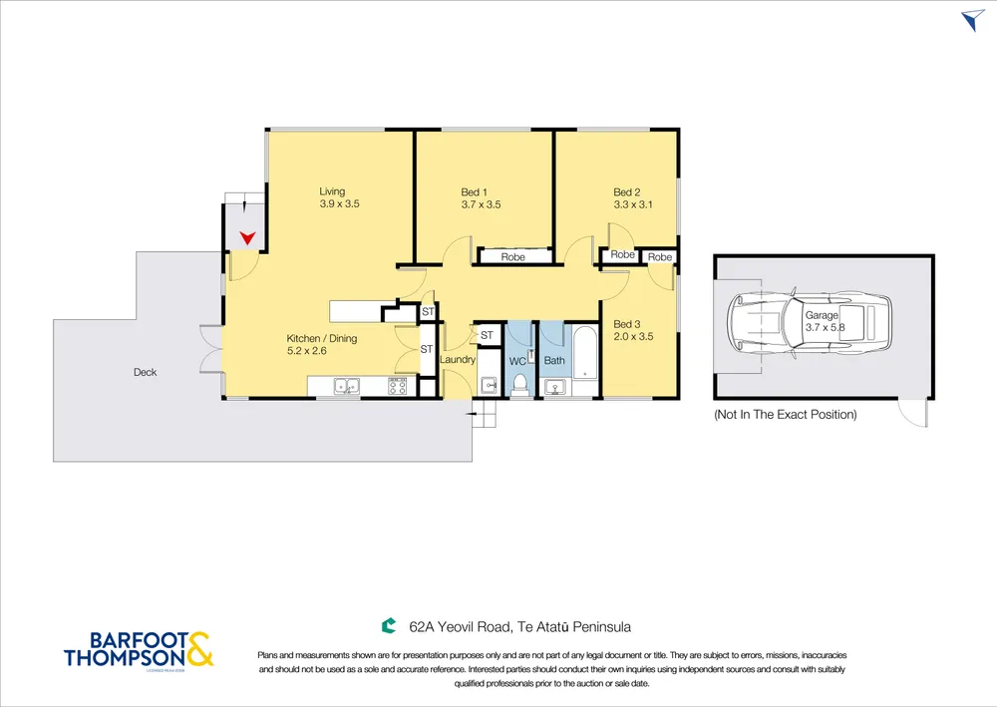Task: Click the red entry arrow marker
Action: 247,238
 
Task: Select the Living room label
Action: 332,191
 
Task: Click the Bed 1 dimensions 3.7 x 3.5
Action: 482,204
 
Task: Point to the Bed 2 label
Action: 627,192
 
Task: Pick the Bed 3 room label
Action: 627,324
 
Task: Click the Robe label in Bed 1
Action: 513,257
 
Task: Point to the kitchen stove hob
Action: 398,385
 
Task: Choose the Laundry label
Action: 458,359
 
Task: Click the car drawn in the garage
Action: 810,324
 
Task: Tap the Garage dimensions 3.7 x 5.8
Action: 826,327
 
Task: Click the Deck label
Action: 145,373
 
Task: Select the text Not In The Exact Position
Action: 786,415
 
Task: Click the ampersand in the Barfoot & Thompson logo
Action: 199,649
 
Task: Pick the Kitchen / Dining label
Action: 322,338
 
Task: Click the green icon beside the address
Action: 389,626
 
